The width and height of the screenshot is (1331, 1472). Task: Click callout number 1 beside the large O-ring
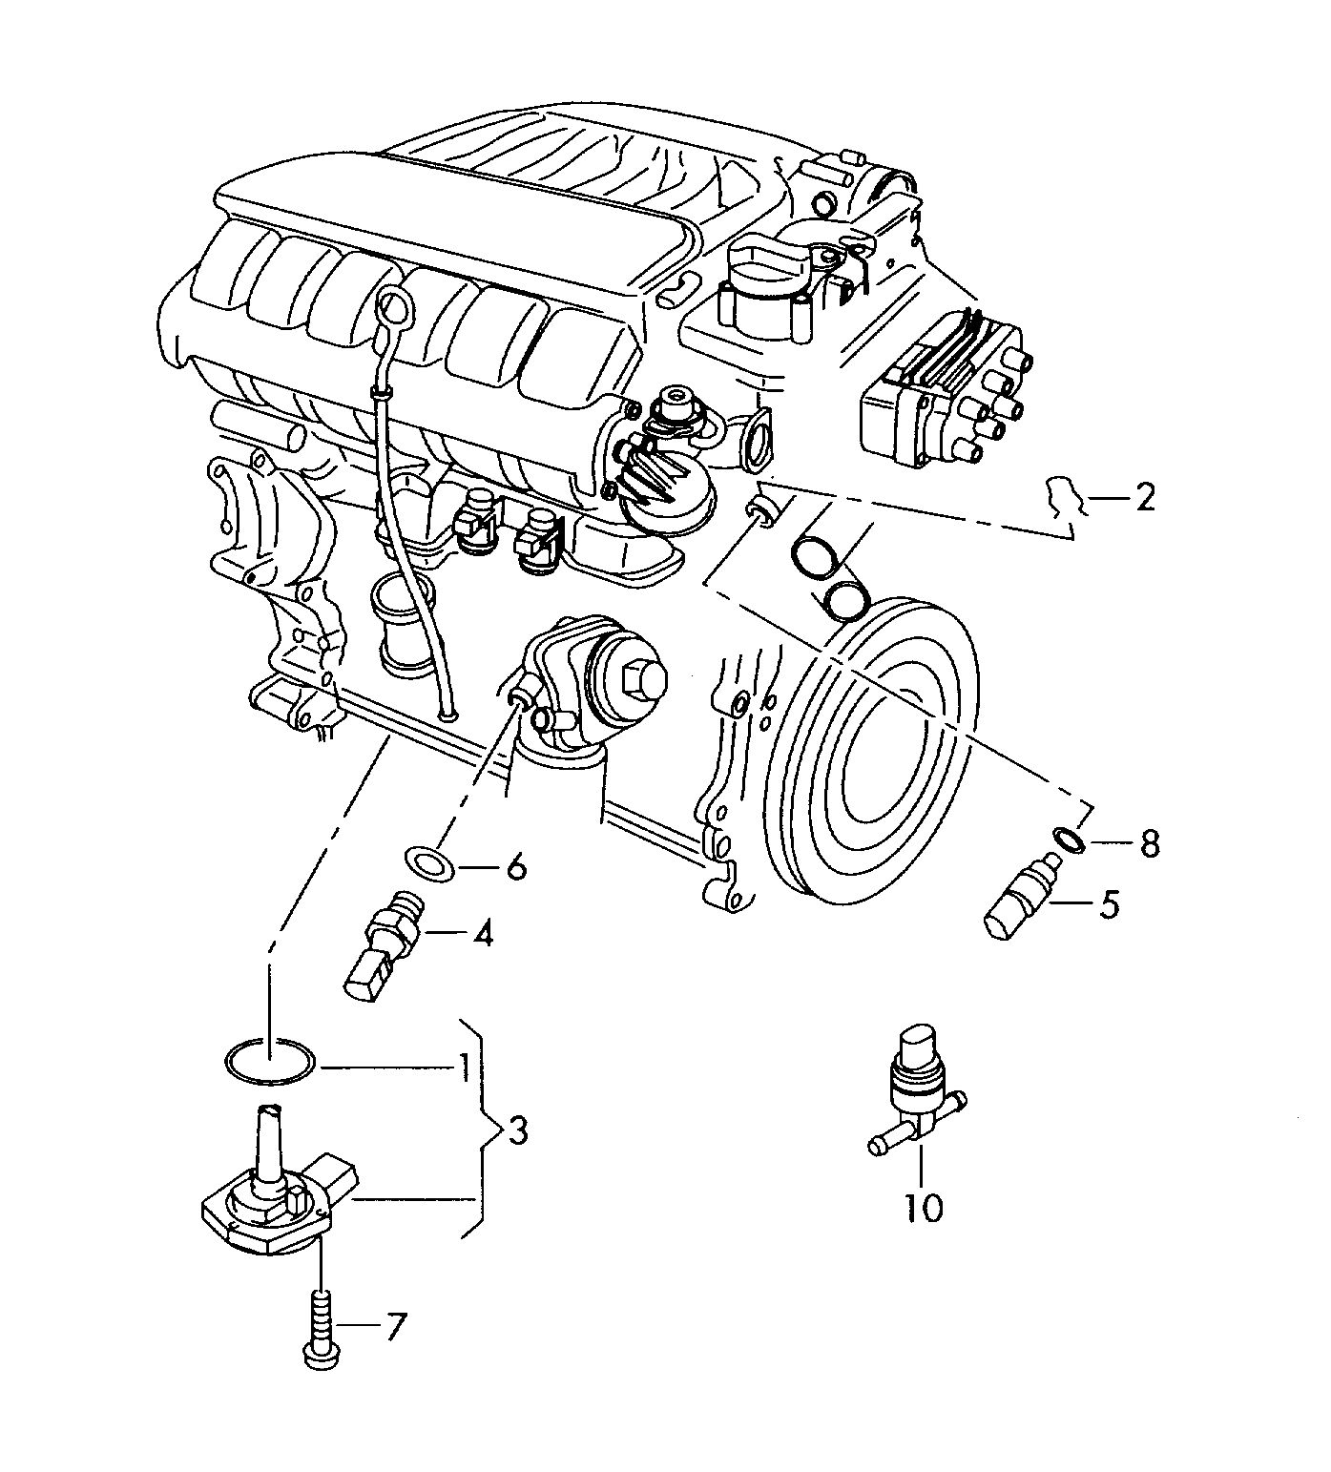[463, 1067]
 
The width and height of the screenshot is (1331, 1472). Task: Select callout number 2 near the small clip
[1144, 497]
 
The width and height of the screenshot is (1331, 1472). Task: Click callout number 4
[483, 934]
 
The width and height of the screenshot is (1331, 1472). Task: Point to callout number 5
[1108, 903]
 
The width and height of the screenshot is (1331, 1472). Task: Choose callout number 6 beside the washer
[514, 868]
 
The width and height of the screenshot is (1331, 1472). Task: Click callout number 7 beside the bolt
[395, 1325]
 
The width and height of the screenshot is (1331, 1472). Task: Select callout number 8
[1148, 842]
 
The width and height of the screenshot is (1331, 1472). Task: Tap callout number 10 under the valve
[924, 1208]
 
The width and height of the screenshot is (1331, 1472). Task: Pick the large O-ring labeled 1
[269, 1062]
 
